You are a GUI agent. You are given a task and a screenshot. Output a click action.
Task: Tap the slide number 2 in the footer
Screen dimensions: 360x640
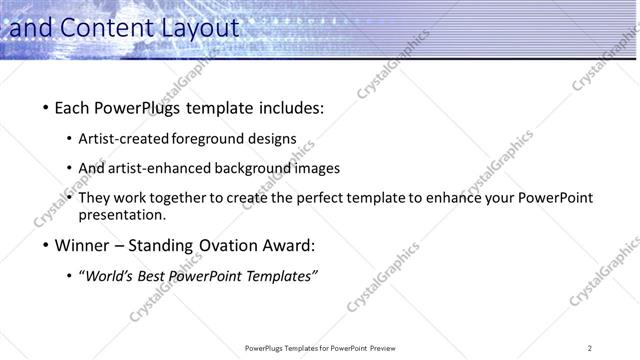(589, 348)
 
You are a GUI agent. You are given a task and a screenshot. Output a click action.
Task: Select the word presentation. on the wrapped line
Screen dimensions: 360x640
(122, 215)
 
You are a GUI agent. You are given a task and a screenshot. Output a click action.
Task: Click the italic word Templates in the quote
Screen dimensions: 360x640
(280, 276)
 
